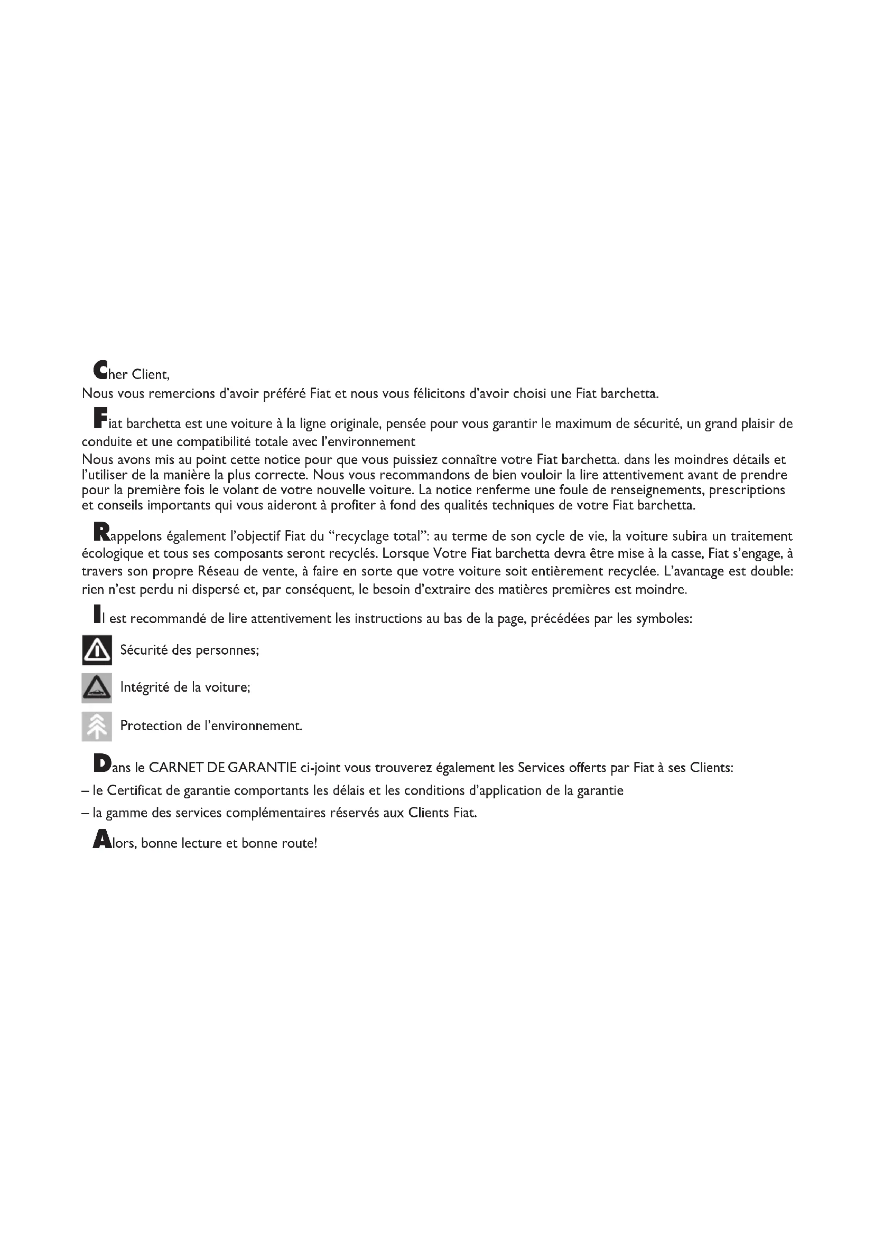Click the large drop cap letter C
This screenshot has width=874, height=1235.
[x=100, y=370]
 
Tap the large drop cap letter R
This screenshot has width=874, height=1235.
[x=101, y=532]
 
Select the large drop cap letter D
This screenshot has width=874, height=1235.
[x=101, y=763]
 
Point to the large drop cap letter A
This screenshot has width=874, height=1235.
[x=101, y=839]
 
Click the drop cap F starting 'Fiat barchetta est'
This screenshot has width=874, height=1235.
[x=100, y=419]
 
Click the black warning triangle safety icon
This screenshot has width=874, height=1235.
[x=97, y=650]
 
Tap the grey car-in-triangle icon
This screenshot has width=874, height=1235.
[x=97, y=688]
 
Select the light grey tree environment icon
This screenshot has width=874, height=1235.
[x=97, y=726]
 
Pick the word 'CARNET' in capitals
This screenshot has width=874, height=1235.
[x=176, y=768]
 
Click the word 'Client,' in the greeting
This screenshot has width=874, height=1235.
[x=151, y=374]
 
